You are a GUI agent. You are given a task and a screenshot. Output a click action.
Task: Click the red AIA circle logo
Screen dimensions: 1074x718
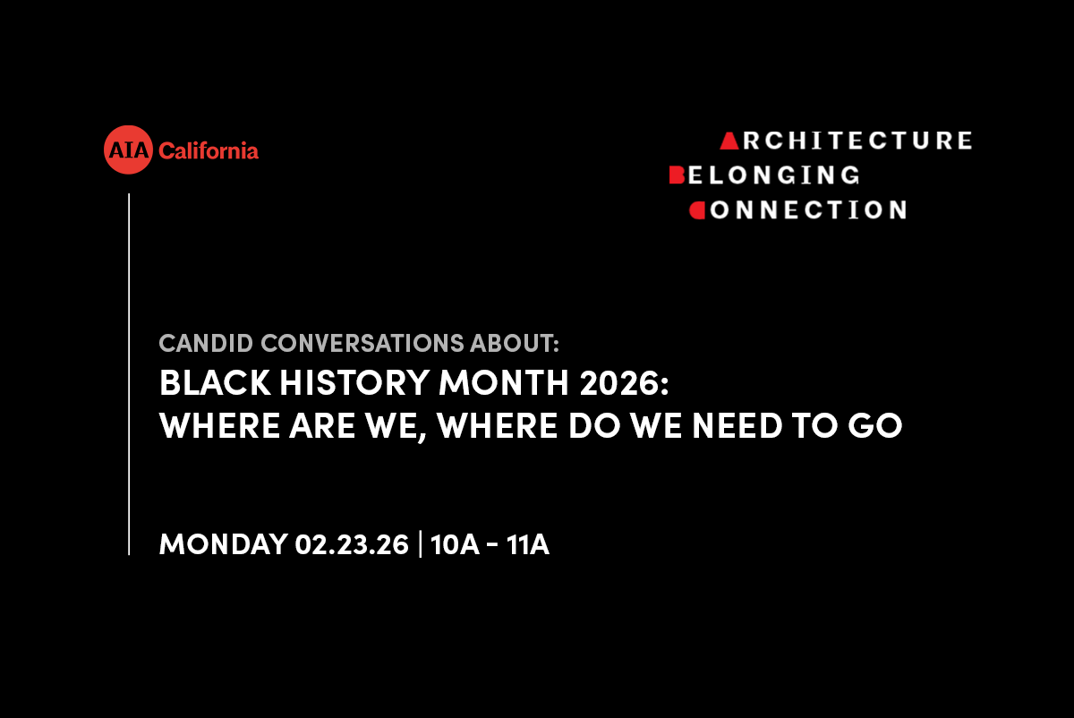click(128, 150)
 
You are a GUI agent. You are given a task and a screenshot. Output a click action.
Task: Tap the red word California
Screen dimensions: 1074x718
click(208, 150)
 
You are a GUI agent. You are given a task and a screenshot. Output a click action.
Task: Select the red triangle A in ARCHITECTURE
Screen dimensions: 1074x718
click(729, 141)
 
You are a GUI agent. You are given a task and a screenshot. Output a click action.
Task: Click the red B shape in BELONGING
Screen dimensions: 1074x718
click(677, 175)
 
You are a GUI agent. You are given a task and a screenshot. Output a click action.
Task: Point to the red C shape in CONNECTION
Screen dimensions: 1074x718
click(697, 210)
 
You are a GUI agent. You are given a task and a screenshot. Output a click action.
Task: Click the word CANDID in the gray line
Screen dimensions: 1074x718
click(206, 344)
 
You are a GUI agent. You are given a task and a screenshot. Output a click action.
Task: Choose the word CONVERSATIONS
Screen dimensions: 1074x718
click(362, 344)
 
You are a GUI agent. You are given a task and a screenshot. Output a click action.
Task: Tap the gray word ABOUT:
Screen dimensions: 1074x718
click(515, 344)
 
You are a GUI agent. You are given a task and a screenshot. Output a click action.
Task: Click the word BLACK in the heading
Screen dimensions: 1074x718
click(215, 383)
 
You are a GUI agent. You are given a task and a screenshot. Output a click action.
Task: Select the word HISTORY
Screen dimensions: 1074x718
click(354, 383)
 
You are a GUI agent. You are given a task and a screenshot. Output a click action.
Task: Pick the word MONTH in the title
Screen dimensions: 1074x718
click(503, 383)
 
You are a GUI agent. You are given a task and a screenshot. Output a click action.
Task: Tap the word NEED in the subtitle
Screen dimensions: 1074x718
click(737, 425)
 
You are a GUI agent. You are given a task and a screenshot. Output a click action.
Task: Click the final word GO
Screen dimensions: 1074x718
click(875, 425)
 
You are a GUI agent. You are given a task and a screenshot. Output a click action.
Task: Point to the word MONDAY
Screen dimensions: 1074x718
click(223, 544)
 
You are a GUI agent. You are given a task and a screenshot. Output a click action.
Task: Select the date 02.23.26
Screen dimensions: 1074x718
click(352, 544)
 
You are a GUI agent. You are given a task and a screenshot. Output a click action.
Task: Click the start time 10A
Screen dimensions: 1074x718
click(455, 544)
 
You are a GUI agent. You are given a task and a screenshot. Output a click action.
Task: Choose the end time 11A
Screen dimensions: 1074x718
click(527, 544)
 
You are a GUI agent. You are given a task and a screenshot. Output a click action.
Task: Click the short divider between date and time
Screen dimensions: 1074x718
click(421, 544)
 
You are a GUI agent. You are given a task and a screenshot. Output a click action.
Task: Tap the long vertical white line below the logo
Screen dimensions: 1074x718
click(129, 374)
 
